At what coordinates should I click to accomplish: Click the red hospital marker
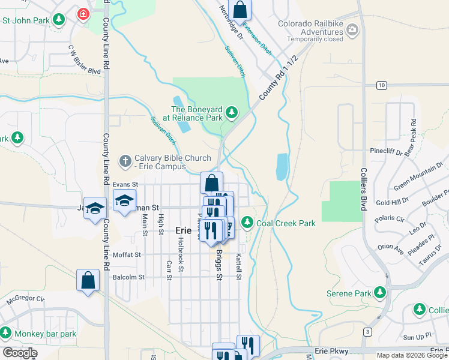pyautogui.click(x=82, y=13)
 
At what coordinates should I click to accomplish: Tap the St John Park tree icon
pyautogui.click(x=58, y=20)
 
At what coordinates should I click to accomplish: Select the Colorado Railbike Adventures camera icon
pyautogui.click(x=352, y=28)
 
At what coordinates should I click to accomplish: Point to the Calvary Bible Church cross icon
pyautogui.click(x=125, y=160)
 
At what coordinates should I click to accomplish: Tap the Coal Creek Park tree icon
pyautogui.click(x=247, y=223)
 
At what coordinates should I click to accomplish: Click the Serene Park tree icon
pyautogui.click(x=379, y=293)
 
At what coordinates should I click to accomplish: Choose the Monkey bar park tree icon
pyautogui.click(x=6, y=333)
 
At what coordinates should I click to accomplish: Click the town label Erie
pyautogui.click(x=183, y=230)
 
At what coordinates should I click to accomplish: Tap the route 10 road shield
pyautogui.click(x=381, y=85)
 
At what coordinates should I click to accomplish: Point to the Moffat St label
pyautogui.click(x=126, y=254)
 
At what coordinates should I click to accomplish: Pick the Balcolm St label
pyautogui.click(x=128, y=277)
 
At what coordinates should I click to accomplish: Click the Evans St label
pyautogui.click(x=125, y=184)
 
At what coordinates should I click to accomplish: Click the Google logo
pyautogui.click(x=19, y=353)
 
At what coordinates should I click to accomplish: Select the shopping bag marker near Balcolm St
pyautogui.click(x=88, y=280)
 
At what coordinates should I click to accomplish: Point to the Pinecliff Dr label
pyautogui.click(x=386, y=152)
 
